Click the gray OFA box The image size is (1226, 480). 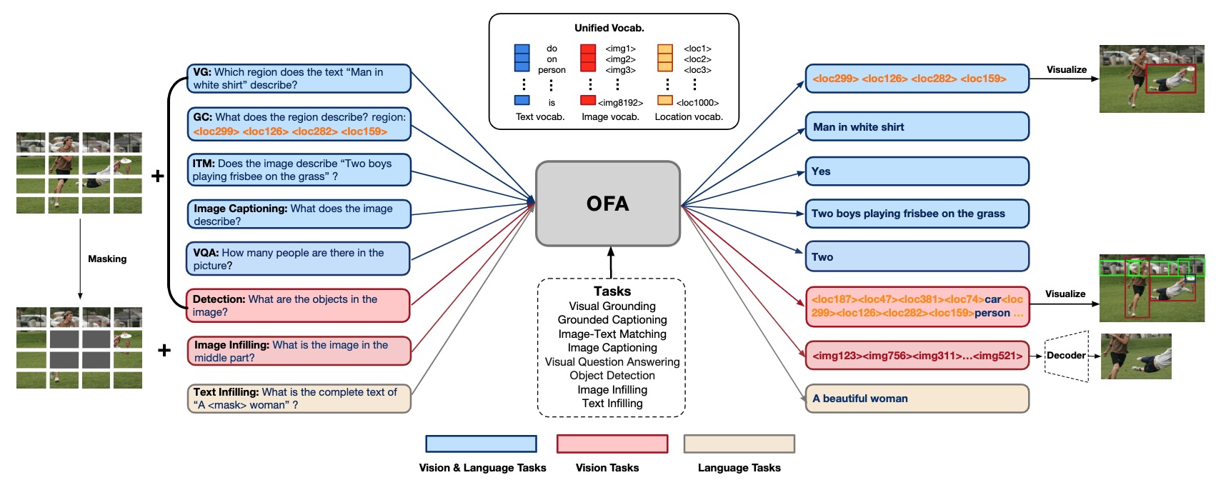[x=607, y=204]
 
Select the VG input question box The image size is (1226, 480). [x=299, y=79]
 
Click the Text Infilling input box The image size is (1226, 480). [x=299, y=399]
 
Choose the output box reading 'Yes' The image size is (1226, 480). [x=916, y=171]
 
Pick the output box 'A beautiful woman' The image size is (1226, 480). [x=916, y=399]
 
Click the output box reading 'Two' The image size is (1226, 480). [x=916, y=257]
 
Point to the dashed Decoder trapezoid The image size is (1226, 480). [x=1066, y=356]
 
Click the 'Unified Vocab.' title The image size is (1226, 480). [x=609, y=28]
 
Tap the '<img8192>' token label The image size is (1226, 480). [x=620, y=103]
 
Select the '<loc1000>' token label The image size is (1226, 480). [x=697, y=103]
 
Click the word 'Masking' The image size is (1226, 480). [x=107, y=259]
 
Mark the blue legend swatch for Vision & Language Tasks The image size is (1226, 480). [x=481, y=444]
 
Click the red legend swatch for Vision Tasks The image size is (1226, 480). [x=612, y=444]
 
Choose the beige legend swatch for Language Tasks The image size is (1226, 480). [x=739, y=444]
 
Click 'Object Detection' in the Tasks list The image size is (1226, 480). [x=612, y=376]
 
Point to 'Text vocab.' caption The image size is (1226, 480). [x=540, y=117]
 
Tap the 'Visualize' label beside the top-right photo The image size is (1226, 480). [x=1066, y=70]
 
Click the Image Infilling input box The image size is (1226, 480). [x=299, y=351]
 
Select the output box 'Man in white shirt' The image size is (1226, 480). [x=916, y=127]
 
